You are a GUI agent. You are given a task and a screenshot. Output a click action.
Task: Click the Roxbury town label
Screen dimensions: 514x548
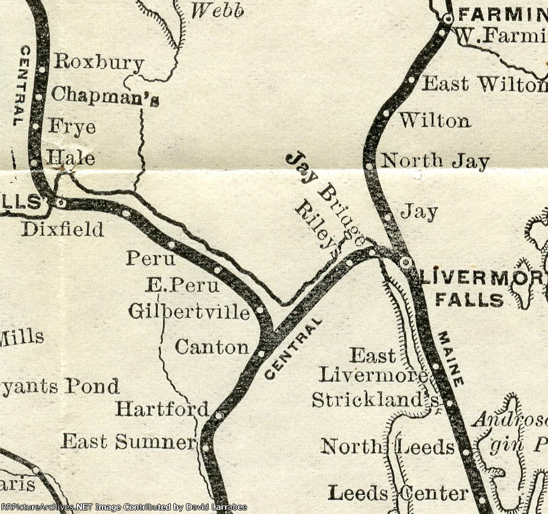(x=99, y=62)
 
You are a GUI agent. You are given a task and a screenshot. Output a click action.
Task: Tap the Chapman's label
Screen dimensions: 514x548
(x=105, y=95)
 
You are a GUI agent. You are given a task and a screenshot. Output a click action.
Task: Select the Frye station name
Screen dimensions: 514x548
(x=72, y=127)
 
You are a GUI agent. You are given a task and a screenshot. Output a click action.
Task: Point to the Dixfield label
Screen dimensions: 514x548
(x=62, y=229)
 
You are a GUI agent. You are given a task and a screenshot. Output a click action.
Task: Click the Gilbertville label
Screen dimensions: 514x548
(x=189, y=312)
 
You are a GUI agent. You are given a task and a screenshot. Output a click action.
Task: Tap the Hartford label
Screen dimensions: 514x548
(x=162, y=409)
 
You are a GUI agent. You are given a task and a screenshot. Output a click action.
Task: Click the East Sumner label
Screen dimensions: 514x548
(x=129, y=442)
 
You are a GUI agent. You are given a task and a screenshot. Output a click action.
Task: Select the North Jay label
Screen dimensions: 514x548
(x=435, y=161)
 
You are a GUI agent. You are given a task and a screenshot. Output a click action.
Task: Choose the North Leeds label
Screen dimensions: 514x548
(x=387, y=446)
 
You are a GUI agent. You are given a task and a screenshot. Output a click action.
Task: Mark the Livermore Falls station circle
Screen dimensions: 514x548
(x=406, y=262)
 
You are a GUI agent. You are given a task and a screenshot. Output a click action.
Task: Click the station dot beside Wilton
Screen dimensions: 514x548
(x=386, y=113)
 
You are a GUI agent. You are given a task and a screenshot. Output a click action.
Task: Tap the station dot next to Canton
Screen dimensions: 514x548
(x=261, y=353)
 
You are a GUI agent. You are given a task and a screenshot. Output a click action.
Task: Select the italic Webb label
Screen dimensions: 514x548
(x=217, y=10)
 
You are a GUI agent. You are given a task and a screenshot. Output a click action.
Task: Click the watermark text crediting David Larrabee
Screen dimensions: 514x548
(x=124, y=507)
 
